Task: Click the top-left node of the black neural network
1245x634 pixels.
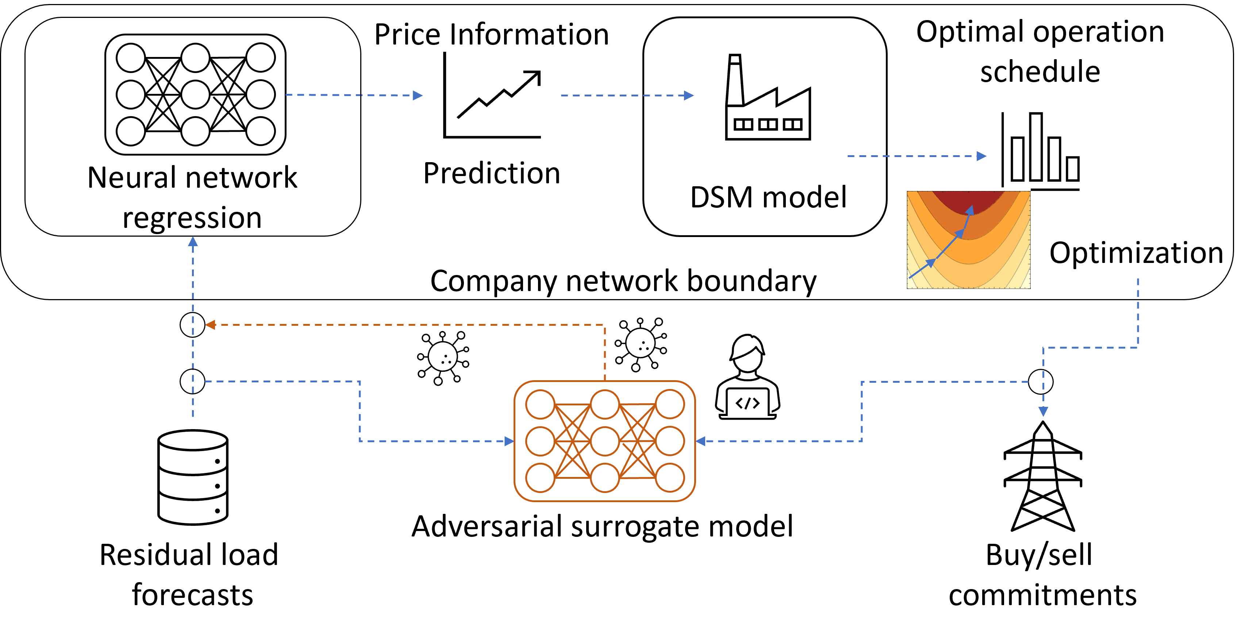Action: point(131,58)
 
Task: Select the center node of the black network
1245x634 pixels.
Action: point(195,94)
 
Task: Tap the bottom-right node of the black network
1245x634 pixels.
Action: point(261,131)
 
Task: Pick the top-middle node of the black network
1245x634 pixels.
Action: point(195,58)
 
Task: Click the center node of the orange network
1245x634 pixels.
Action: point(605,441)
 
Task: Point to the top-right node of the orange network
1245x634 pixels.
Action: point(670,404)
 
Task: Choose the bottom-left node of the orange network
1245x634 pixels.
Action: point(540,478)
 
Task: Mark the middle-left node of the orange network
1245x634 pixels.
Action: point(540,441)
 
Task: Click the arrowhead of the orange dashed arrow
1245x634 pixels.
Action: point(210,325)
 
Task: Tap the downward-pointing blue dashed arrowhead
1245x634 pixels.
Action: point(1044,412)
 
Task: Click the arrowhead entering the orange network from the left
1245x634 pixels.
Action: point(509,441)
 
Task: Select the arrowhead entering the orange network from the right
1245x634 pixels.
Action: point(701,441)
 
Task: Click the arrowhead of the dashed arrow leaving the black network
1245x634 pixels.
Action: point(418,95)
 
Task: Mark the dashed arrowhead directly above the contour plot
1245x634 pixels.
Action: point(981,156)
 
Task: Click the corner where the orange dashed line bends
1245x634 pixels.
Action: point(605,325)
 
